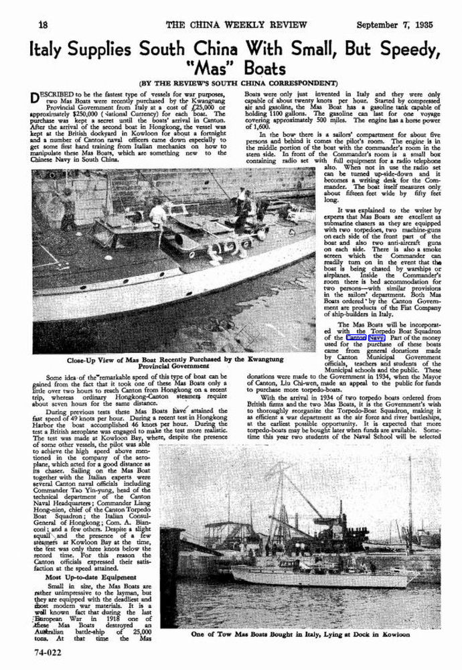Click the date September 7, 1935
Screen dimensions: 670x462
click(x=394, y=24)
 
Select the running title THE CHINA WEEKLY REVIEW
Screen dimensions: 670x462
click(x=231, y=24)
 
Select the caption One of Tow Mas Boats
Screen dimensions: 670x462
click(x=309, y=634)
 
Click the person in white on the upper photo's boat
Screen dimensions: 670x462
click(x=157, y=214)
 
